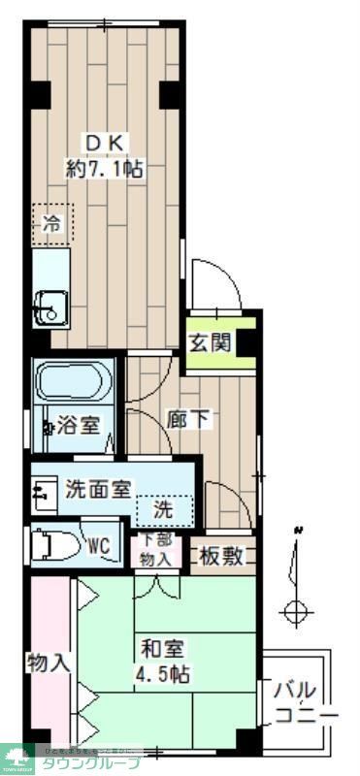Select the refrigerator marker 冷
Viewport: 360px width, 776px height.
pos(52,224)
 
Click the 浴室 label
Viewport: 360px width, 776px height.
pos(78,424)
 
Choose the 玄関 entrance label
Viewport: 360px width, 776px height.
pos(209,342)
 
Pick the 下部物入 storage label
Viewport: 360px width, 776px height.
pos(155,550)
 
